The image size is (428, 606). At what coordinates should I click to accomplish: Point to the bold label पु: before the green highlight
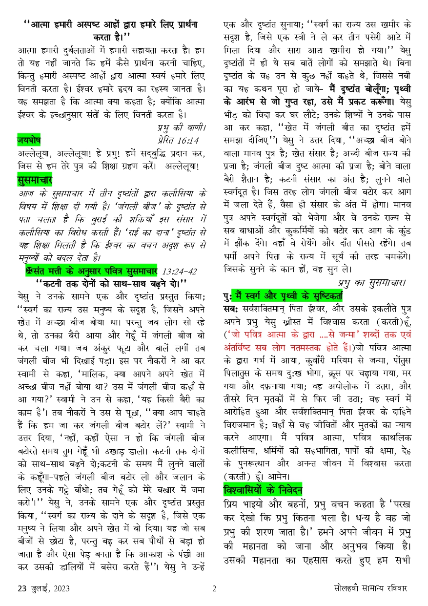(x=226, y=295)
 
